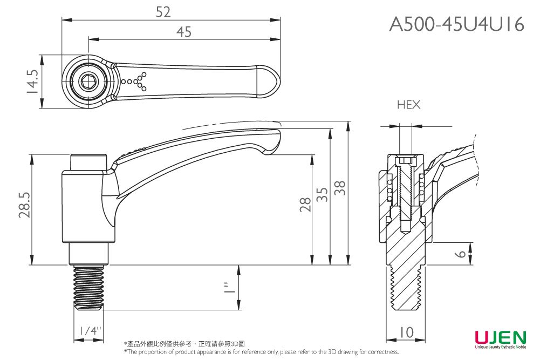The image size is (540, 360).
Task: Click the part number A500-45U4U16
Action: pyautogui.click(x=456, y=24)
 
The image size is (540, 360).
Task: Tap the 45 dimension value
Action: pyautogui.click(x=183, y=32)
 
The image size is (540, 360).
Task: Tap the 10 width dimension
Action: pyautogui.click(x=406, y=334)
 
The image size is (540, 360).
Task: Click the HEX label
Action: pyautogui.click(x=408, y=105)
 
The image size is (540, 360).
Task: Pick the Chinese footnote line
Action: pyautogui.click(x=184, y=344)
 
